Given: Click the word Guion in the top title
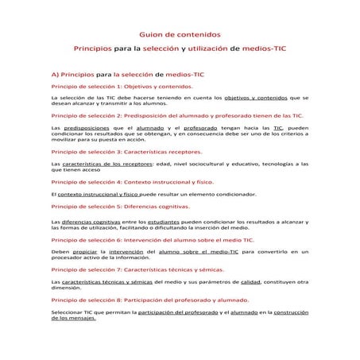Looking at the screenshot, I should pos(152,35).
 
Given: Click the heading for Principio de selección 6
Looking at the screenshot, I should pos(152,238).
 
